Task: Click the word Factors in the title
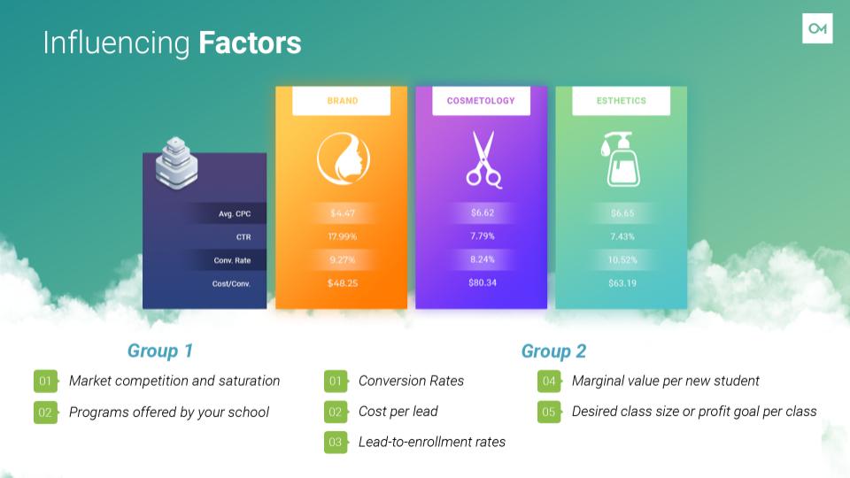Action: coord(250,42)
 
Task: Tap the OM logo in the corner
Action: coord(817,28)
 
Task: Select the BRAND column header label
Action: coord(343,101)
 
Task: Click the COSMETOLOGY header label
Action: coord(481,101)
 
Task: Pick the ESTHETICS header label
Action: coord(622,101)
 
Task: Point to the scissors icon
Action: coord(484,159)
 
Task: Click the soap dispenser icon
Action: coord(621,159)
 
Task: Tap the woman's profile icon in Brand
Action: coord(344,158)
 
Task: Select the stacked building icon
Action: coord(177,163)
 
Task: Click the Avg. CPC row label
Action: coord(235,213)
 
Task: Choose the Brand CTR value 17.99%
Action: coord(343,236)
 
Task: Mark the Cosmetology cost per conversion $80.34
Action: coord(483,282)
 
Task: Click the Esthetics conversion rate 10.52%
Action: coord(622,259)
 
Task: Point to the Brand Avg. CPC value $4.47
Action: coord(343,213)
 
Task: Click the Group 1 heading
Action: coord(160,351)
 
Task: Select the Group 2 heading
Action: coord(553,351)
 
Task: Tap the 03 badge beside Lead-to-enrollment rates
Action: coord(336,443)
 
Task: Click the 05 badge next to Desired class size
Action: coord(549,412)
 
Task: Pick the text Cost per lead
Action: coord(398,412)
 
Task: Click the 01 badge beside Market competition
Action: coord(45,381)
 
